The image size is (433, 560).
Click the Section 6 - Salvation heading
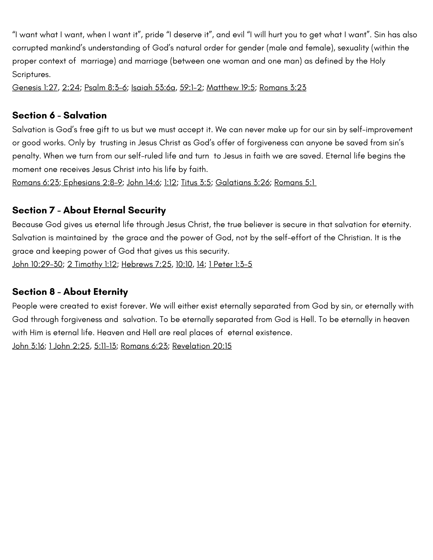pyautogui.click(x=59, y=115)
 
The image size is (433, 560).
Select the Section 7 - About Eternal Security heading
pyautogui.click(x=89, y=210)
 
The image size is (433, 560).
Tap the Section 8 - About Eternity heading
pyautogui.click(x=70, y=292)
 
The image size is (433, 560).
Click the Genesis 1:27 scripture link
pyautogui.click(x=35, y=88)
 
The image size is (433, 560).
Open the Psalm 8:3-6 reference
pyautogui.click(x=105, y=88)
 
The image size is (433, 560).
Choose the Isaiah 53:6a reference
pyautogui.click(x=153, y=88)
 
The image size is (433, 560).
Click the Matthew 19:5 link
pyautogui.click(x=230, y=88)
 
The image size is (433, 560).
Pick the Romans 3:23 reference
pyautogui.click(x=283, y=88)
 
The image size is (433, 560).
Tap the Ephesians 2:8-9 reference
pyautogui.click(x=93, y=183)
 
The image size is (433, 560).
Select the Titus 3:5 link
pyautogui.click(x=196, y=183)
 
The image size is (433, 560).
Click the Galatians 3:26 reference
pyautogui.click(x=242, y=183)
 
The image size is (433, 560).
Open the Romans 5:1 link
pyautogui.click(x=295, y=183)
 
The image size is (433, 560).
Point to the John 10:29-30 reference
pyautogui.click(x=37, y=264)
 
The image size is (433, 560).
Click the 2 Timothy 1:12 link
pyautogui.click(x=92, y=264)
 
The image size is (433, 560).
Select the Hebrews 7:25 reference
pyautogui.click(x=146, y=264)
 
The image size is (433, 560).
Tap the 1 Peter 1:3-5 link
pyautogui.click(x=230, y=264)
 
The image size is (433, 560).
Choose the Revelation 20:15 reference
pyautogui.click(x=202, y=346)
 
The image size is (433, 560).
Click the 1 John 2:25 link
pyautogui.click(x=69, y=346)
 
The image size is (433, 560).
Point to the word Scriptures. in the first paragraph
pyautogui.click(x=31, y=74)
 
